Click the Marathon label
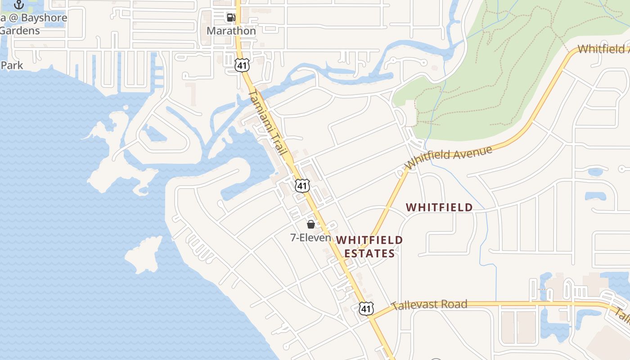pos(231,31)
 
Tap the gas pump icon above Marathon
pos(231,18)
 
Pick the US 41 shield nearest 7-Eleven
pos(302,185)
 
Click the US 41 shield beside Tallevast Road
pos(366,308)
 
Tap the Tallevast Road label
pos(429,305)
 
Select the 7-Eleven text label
pos(310,238)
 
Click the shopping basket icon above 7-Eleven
pos(310,224)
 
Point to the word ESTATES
pos(369,254)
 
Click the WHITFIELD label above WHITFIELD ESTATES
pos(439,207)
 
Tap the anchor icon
pos(19,4)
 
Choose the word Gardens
pos(20,31)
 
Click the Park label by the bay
pos(12,65)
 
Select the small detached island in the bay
pos(144,254)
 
